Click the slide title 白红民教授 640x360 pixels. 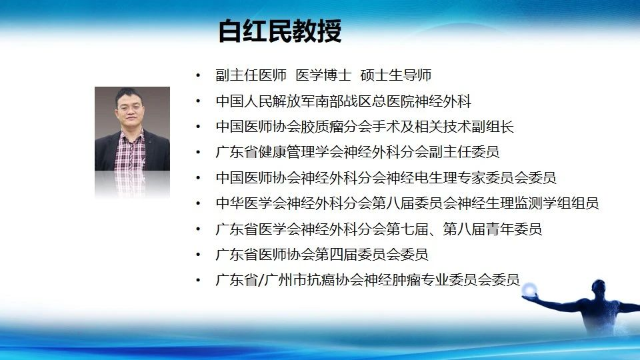pyautogui.click(x=280, y=31)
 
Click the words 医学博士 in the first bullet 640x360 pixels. pyautogui.click(x=323, y=75)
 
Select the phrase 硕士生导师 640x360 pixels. pyautogui.click(x=396, y=75)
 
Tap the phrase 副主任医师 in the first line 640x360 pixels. pyautogui.click(x=251, y=75)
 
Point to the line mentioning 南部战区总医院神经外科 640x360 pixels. pyautogui.click(x=344, y=101)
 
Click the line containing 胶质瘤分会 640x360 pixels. pyautogui.click(x=365, y=127)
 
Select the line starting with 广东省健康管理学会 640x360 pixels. pyautogui.click(x=357, y=152)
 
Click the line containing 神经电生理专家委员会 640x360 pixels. pyautogui.click(x=386, y=177)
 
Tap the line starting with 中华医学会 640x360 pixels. pyautogui.click(x=407, y=203)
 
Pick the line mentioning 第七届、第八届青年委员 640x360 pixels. pyautogui.click(x=379, y=229)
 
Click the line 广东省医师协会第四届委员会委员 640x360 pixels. pyautogui.click(x=322, y=254)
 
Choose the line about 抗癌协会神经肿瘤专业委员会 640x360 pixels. pyautogui.click(x=368, y=280)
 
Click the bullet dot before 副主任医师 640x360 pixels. pyautogui.click(x=199, y=75)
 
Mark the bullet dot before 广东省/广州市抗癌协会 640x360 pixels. pyautogui.click(x=199, y=280)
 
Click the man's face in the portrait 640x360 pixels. pyautogui.click(x=129, y=109)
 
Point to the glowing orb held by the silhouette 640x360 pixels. pyautogui.click(x=530, y=290)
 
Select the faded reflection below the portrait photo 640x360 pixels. pyautogui.click(x=132, y=185)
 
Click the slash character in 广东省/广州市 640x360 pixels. pyautogui.click(x=261, y=280)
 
